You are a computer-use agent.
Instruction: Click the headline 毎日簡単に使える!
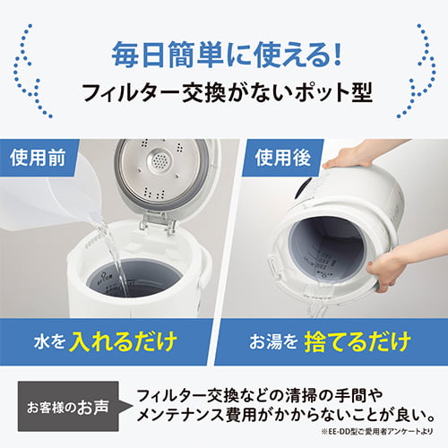click(x=225, y=56)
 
